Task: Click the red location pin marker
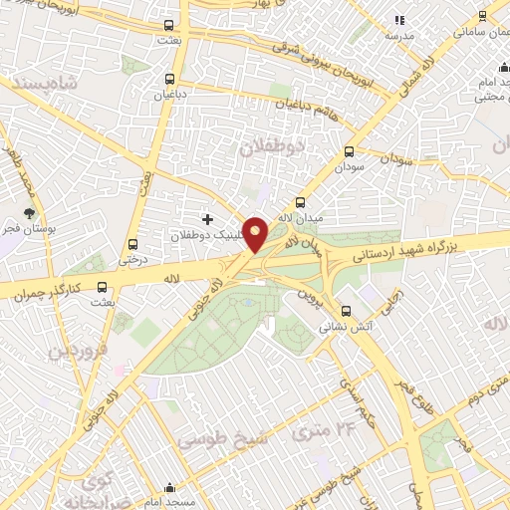[256, 234]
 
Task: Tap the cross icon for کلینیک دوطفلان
[207, 219]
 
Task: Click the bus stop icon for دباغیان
[169, 79]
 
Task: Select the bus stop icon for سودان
[349, 151]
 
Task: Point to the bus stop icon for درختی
[132, 244]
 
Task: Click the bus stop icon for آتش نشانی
[346, 310]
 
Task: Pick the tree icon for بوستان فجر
[31, 213]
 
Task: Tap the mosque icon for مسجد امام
[169, 489]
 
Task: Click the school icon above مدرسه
[399, 20]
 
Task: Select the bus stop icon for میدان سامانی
[482, 16]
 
